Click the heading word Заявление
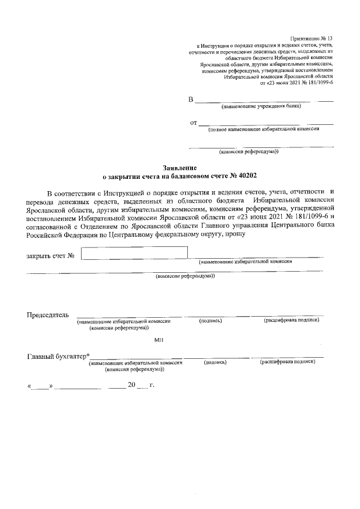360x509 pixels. click(x=179, y=168)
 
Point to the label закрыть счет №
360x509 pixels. click(x=51, y=256)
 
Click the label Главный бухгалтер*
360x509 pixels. click(x=58, y=356)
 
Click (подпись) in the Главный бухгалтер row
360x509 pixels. click(x=215, y=363)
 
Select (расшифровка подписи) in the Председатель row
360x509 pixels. click(x=292, y=321)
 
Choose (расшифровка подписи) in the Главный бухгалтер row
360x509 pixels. click(x=287, y=363)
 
